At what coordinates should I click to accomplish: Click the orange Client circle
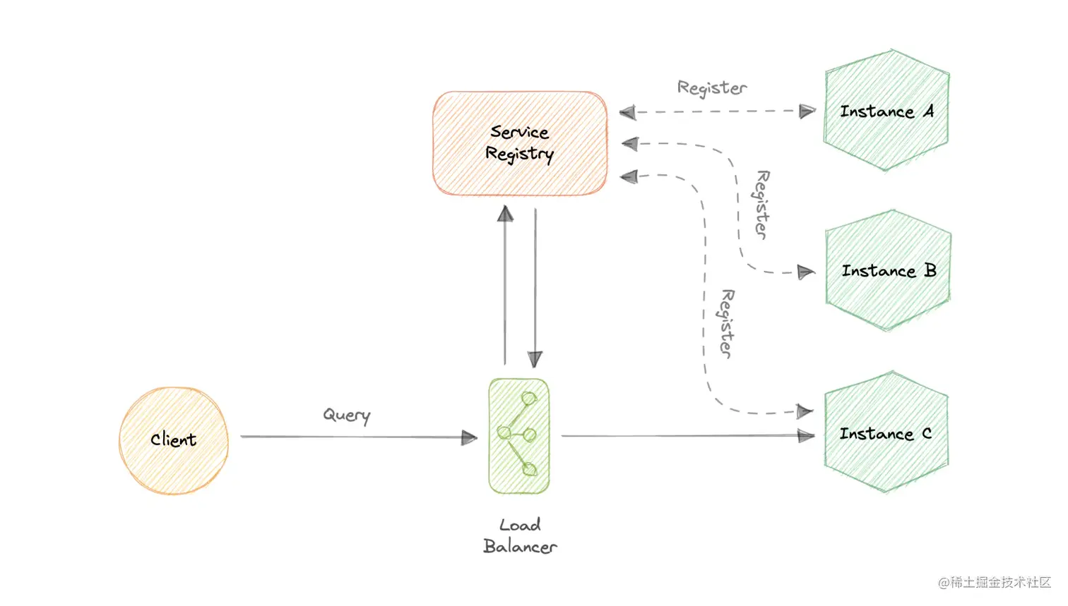tap(174, 440)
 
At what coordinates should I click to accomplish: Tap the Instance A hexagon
tap(886, 111)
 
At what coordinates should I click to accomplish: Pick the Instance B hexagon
tap(888, 271)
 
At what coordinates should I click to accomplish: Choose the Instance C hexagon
tap(886, 433)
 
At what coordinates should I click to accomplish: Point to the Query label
tap(346, 415)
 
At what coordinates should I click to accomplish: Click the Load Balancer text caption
tap(520, 536)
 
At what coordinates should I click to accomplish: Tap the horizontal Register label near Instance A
tap(711, 88)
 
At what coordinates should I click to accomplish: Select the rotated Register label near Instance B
tap(761, 205)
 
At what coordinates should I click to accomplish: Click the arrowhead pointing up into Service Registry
tap(505, 214)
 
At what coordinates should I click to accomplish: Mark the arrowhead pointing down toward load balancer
tap(535, 359)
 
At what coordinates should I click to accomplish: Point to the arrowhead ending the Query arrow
tap(469, 438)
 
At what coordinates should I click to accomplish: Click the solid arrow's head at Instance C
tap(805, 436)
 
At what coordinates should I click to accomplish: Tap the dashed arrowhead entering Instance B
tap(805, 272)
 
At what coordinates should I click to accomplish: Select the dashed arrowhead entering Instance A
tap(807, 111)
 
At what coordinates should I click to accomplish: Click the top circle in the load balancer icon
tap(529, 399)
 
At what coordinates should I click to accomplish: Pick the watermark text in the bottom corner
tap(995, 582)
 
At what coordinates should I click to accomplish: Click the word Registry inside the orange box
tap(519, 154)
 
